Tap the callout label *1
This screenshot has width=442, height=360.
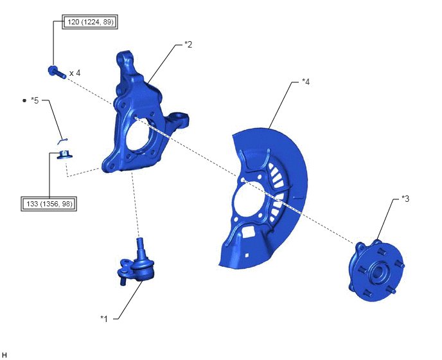104,319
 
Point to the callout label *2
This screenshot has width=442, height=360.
188,44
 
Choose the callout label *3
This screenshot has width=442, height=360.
405,199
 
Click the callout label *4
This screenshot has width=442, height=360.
306,82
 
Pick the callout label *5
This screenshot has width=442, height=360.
35,100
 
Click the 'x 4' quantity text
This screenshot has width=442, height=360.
75,73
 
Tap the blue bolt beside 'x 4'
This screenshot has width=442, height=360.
57,72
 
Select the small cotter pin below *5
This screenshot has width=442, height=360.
62,141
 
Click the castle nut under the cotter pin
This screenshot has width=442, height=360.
64,155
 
